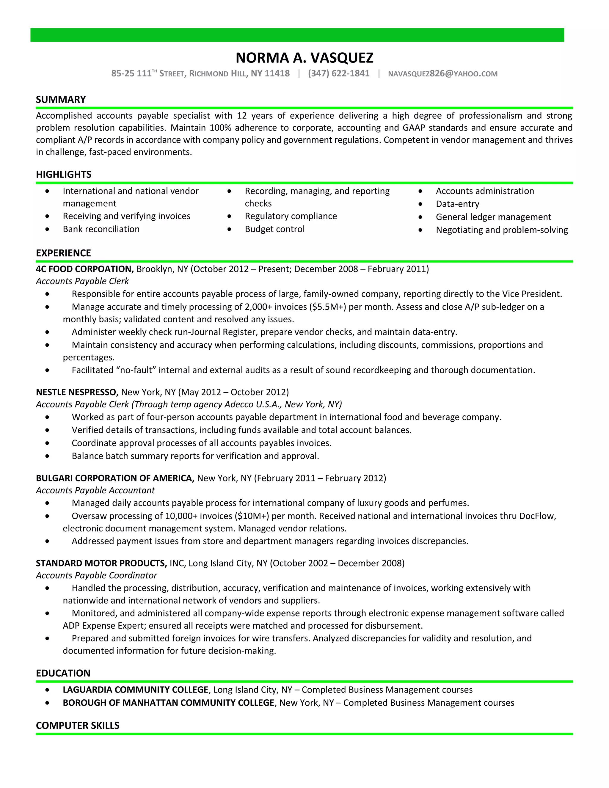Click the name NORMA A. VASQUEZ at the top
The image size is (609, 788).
[x=304, y=58]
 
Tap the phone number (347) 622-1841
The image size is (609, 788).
[x=338, y=74]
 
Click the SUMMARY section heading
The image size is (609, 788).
[x=61, y=100]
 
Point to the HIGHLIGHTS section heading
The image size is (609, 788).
[x=64, y=175]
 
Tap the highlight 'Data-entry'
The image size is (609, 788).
[x=457, y=204]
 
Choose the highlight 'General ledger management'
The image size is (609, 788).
[x=493, y=217]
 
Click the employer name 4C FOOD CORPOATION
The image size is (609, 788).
[x=85, y=269]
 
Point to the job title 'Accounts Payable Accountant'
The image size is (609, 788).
[x=95, y=490]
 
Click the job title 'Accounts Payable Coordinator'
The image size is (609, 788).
[x=96, y=575]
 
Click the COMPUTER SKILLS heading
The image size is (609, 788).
[x=78, y=726]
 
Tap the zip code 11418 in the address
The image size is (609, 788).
[x=277, y=74]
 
